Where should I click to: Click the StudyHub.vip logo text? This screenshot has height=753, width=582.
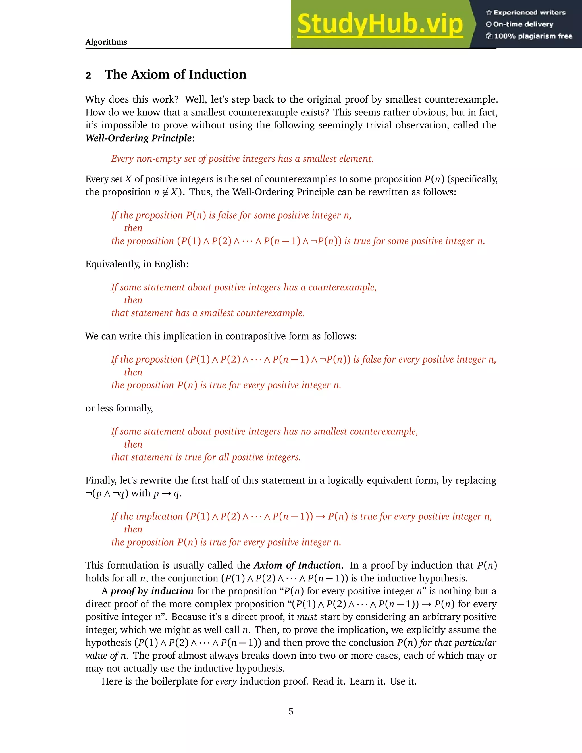point(380,24)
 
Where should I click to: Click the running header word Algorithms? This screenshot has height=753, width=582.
point(106,42)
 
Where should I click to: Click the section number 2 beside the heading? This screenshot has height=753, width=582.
point(88,76)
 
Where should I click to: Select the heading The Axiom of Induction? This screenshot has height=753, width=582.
point(176,74)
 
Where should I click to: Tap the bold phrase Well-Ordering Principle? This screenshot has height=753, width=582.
point(139,138)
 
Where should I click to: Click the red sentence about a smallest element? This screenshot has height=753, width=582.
point(242,159)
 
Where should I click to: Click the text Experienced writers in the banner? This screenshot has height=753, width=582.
point(529,13)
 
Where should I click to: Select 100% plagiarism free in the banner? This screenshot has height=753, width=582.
point(533,36)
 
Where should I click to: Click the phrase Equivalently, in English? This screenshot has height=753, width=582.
point(137,264)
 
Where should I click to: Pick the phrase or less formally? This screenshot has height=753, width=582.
point(119,408)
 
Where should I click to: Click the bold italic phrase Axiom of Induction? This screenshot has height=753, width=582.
point(297,565)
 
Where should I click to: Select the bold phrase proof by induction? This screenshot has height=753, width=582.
point(152,591)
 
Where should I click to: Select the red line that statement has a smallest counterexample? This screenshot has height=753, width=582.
point(207,313)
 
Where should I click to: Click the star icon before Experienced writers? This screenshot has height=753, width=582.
point(489,13)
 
